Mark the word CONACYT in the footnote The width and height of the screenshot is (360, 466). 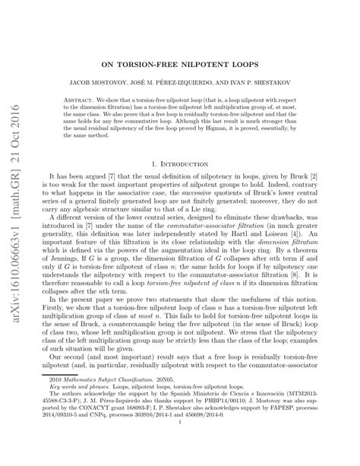(82, 439)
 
